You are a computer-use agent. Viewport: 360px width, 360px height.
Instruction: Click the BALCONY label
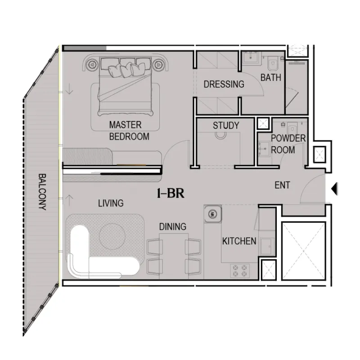pyautogui.click(x=42, y=192)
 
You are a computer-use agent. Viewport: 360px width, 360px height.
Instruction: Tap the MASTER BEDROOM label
pyautogui.click(x=129, y=130)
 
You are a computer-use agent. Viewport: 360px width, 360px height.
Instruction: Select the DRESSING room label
pyautogui.click(x=224, y=84)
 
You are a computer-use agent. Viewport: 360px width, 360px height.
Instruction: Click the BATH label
pyautogui.click(x=271, y=77)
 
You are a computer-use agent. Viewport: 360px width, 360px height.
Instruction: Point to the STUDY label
pyautogui.click(x=226, y=126)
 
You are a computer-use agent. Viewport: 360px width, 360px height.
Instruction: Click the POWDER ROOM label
pyautogui.click(x=288, y=144)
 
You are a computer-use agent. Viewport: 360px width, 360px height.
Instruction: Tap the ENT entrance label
pyautogui.click(x=282, y=185)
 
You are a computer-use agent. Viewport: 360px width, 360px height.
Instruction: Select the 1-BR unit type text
pyautogui.click(x=171, y=193)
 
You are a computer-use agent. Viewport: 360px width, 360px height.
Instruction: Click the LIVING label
pyautogui.click(x=111, y=203)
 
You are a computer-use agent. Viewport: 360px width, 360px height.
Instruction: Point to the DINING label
pyautogui.click(x=173, y=227)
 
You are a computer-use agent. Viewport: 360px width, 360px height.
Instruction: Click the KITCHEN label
pyautogui.click(x=239, y=241)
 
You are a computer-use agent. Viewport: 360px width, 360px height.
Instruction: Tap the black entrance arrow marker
pyautogui.click(x=334, y=189)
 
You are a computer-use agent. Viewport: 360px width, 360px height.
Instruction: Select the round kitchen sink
pyautogui.click(x=212, y=214)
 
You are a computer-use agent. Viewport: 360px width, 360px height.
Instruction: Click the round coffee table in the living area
pyautogui.click(x=112, y=235)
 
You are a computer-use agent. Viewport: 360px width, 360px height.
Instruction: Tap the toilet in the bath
pyautogui.click(x=273, y=63)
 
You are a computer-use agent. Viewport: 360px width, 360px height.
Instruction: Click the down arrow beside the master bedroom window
pyautogui.click(x=69, y=89)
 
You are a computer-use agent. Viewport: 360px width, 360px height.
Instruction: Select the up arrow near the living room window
pyautogui.click(x=69, y=200)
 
